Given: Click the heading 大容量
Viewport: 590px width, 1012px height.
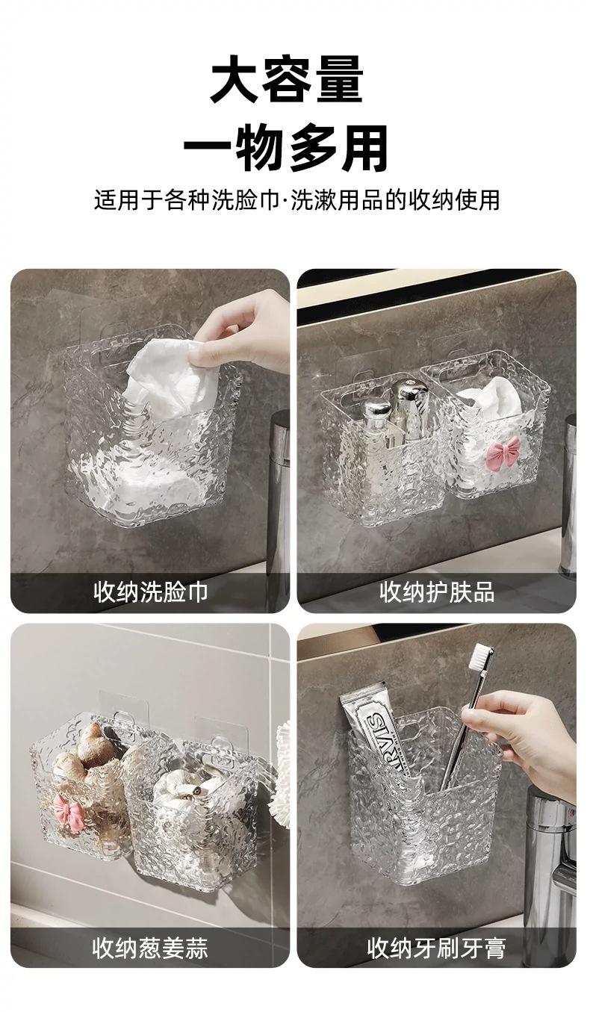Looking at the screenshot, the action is pos(287,80).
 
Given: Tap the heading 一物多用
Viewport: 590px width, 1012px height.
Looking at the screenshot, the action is pos(287,148).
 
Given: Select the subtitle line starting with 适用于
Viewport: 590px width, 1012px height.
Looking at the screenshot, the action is pos(296,200).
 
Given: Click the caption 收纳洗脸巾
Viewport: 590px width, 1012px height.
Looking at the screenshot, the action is pos(150,592).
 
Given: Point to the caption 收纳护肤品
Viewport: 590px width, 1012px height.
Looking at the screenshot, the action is pos(437,592).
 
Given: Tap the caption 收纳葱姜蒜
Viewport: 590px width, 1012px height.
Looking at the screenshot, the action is pos(150,946).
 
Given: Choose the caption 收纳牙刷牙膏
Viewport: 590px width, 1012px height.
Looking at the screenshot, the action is pos(436,946).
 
